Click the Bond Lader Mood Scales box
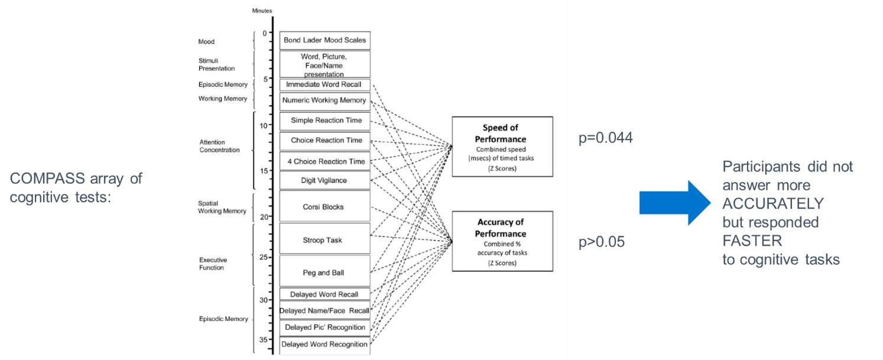(324, 40)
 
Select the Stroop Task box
(324, 240)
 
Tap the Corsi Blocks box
(324, 207)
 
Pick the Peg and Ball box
(324, 273)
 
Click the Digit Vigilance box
(324, 180)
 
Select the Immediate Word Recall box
(324, 85)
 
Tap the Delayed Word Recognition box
(324, 345)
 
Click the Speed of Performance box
(502, 147)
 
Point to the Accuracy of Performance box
(502, 241)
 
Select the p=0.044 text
(606, 138)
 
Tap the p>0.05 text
(602, 242)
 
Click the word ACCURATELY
(772, 204)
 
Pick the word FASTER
(752, 241)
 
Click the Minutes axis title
(262, 11)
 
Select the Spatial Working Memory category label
(222, 207)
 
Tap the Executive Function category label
(212, 264)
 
